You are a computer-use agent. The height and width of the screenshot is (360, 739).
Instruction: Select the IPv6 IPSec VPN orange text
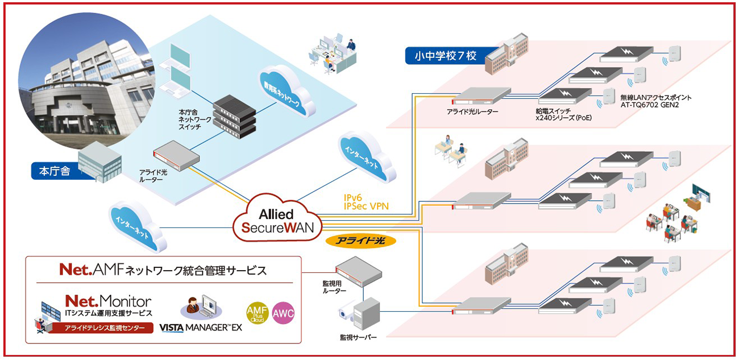click(366, 201)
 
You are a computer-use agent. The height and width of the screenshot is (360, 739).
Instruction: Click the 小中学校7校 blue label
click(441, 56)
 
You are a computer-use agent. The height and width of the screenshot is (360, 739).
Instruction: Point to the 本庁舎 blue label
click(55, 170)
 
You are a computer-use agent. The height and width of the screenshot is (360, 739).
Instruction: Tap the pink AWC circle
click(283, 313)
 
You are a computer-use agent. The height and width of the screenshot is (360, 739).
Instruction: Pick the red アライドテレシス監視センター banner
click(100, 328)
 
